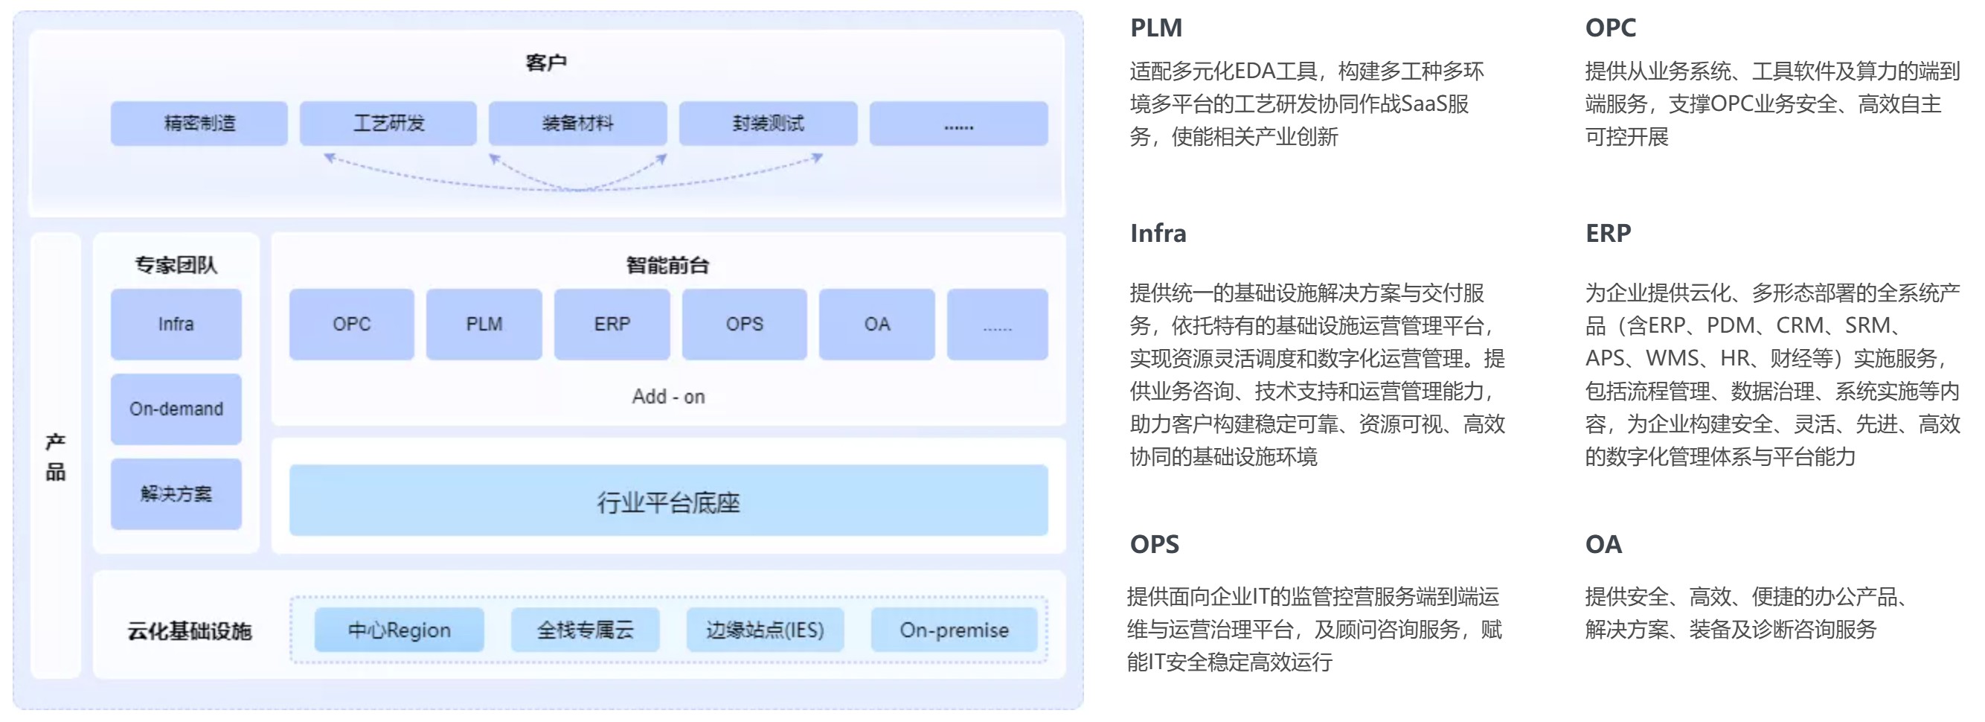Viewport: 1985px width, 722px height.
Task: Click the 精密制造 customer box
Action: click(199, 124)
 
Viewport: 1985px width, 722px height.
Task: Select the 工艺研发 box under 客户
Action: click(388, 124)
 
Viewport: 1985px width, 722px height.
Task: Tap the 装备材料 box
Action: click(577, 124)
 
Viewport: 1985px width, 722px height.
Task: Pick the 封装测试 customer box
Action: click(768, 124)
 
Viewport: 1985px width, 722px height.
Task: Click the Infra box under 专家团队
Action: click(176, 325)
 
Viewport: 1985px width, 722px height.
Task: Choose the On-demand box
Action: click(176, 409)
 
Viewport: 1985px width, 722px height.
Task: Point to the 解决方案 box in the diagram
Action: click(176, 494)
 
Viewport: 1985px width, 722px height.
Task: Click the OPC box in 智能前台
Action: click(351, 325)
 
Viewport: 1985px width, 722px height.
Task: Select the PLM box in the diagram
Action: click(484, 325)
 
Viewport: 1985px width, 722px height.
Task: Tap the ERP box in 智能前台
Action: click(612, 325)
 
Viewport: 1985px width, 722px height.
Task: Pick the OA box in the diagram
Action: click(877, 325)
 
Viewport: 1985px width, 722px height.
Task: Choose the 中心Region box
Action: click(399, 630)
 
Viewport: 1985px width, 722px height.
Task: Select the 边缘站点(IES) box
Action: click(765, 630)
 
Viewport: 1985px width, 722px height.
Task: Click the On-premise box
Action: click(954, 630)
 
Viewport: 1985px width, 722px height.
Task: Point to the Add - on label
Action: click(668, 397)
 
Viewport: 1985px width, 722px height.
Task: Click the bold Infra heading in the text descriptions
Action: click(1158, 234)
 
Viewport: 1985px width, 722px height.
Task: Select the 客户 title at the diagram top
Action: click(545, 63)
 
